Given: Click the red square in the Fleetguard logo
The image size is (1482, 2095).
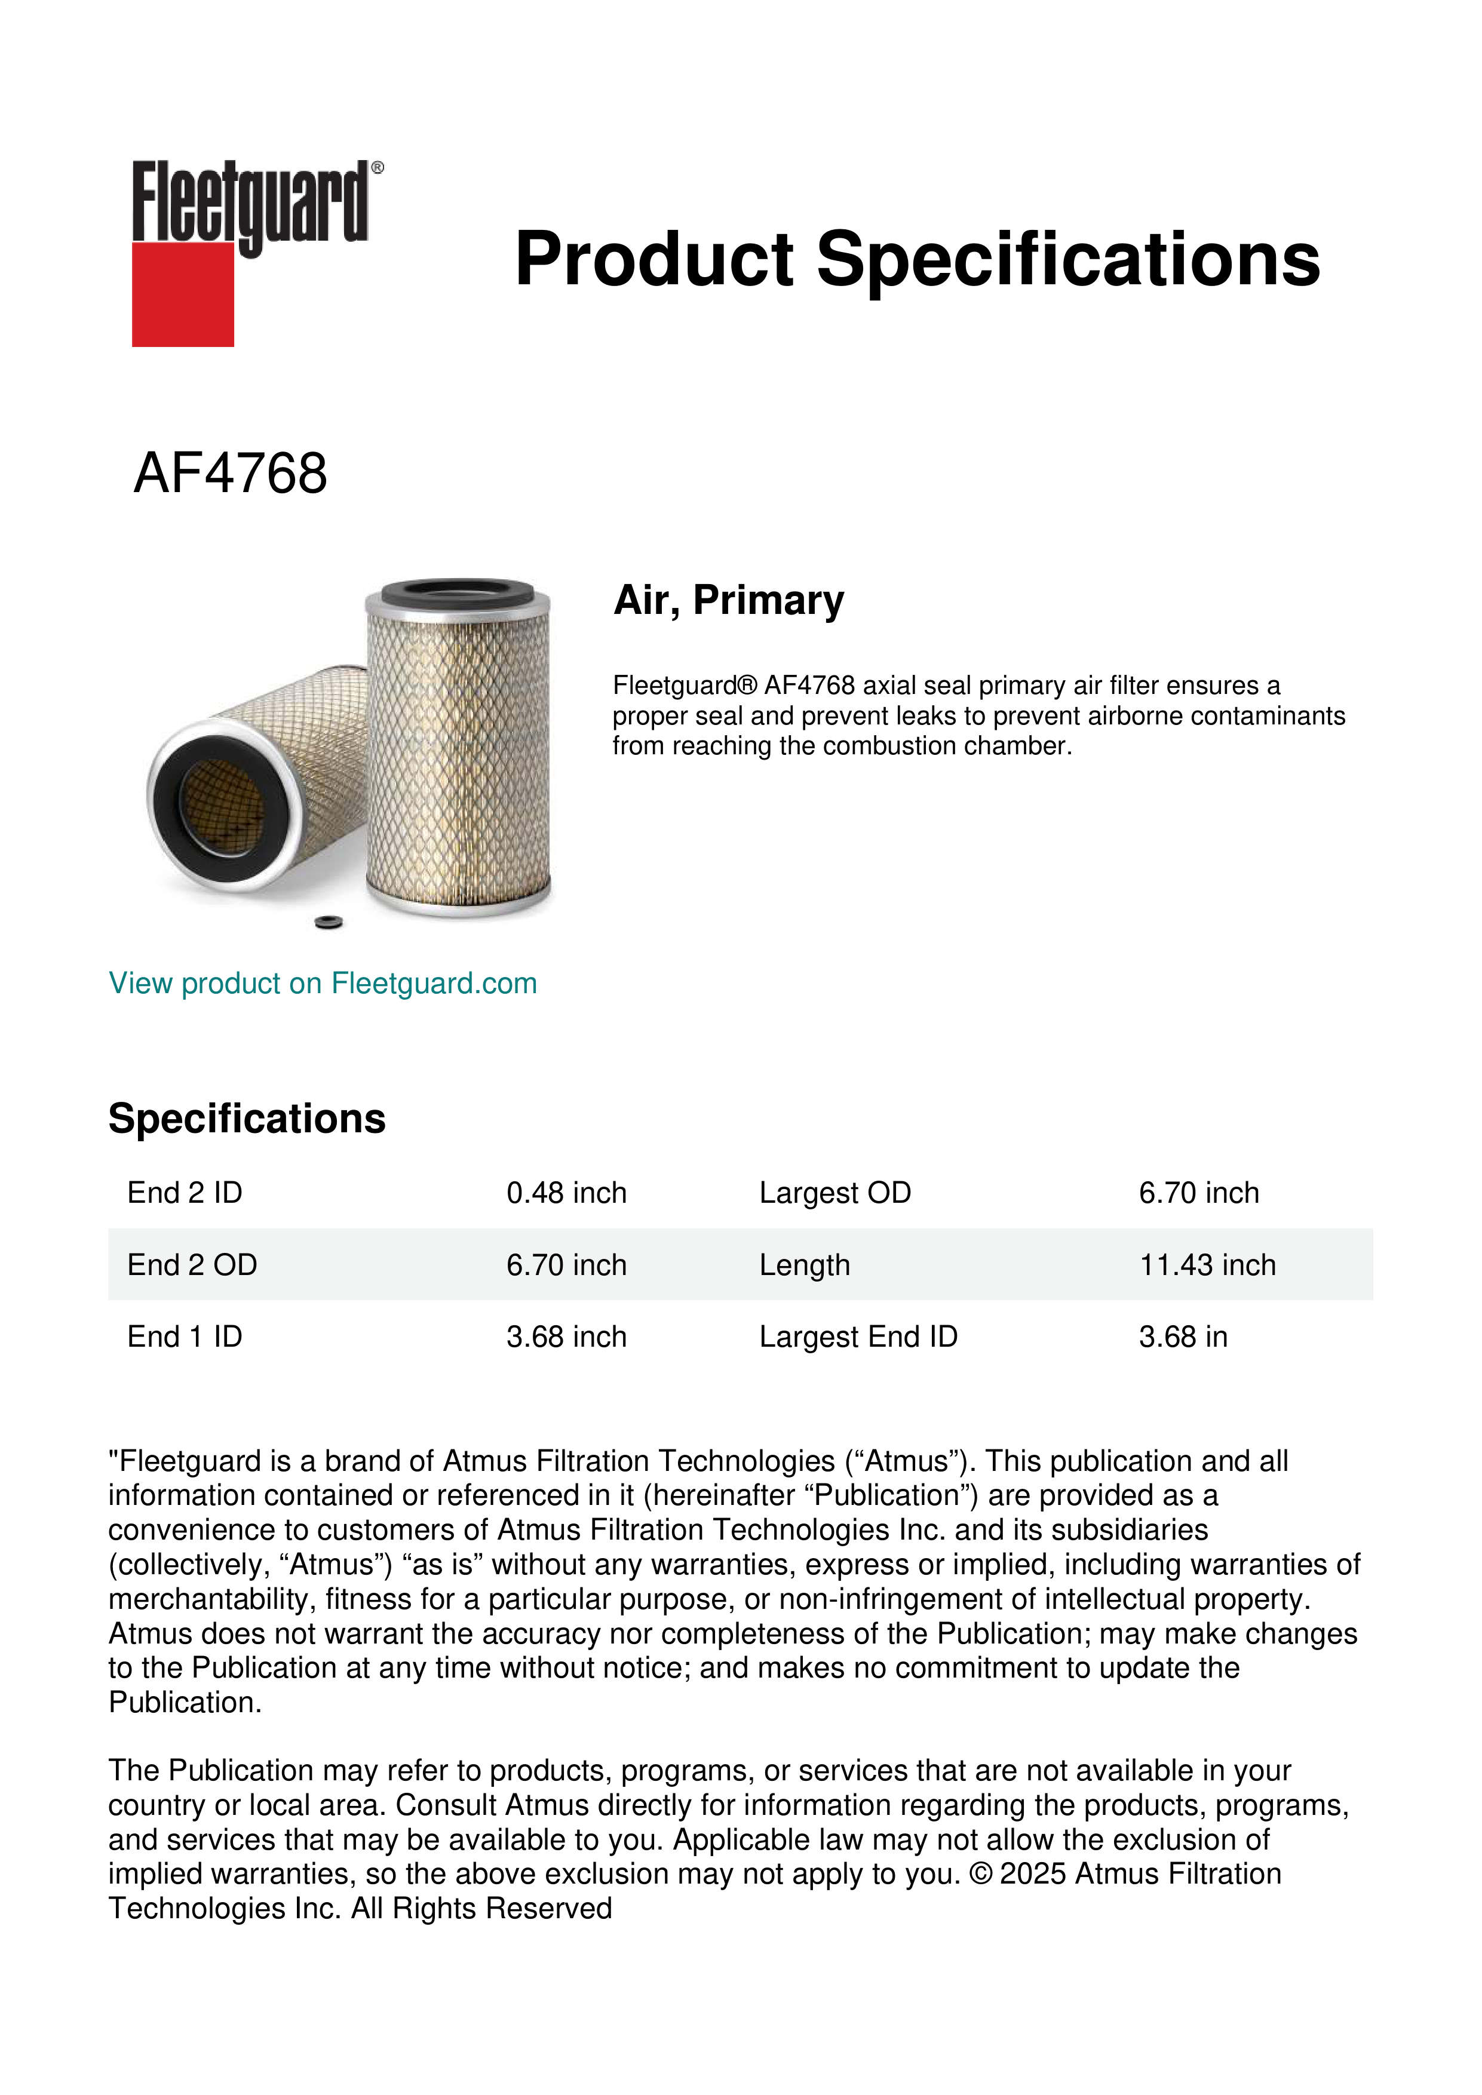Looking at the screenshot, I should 183,294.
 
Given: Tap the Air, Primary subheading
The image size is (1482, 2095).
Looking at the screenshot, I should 728,600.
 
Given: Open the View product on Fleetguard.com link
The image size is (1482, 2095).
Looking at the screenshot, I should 322,983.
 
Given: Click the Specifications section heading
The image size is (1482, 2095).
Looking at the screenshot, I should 246,1118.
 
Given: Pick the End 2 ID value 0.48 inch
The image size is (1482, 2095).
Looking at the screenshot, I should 566,1193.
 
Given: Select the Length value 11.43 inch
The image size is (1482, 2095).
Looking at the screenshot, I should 1207,1265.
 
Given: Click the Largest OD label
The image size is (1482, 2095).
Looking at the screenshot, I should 834,1193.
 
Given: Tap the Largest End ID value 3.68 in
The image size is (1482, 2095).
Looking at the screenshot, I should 1183,1337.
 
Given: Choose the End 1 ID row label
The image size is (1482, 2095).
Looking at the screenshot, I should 185,1337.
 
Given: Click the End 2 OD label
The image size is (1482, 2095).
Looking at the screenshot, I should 192,1265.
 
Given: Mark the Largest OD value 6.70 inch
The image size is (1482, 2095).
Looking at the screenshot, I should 1198,1193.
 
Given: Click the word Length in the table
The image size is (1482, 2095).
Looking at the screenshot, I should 804,1265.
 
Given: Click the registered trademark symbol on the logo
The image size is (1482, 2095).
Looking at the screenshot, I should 378,168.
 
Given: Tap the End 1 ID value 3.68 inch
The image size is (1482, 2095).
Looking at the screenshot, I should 566,1337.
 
